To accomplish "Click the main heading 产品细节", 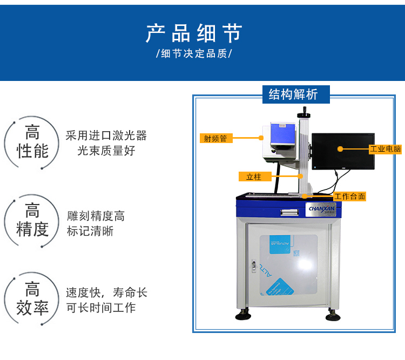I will click(x=194, y=33).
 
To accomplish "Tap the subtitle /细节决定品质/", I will click(x=194, y=55).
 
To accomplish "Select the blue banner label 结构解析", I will click(x=293, y=94).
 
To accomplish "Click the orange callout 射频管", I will click(x=215, y=138).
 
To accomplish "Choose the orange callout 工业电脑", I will click(x=386, y=148).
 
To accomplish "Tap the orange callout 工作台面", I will click(x=349, y=196).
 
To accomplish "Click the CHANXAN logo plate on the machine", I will click(x=321, y=208).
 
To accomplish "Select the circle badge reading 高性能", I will click(x=32, y=142).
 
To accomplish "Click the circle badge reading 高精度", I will click(x=32, y=221).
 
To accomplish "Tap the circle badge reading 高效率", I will click(x=32, y=299).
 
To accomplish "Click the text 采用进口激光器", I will click(x=106, y=135).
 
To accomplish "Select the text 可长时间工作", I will click(x=101, y=308).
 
